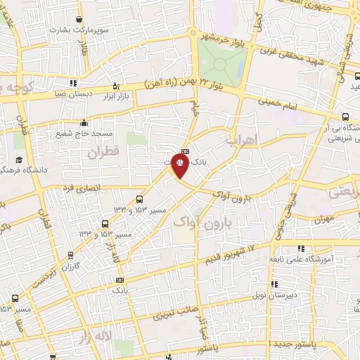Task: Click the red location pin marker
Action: [179, 167]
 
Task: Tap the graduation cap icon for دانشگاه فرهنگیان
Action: [18, 160]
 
